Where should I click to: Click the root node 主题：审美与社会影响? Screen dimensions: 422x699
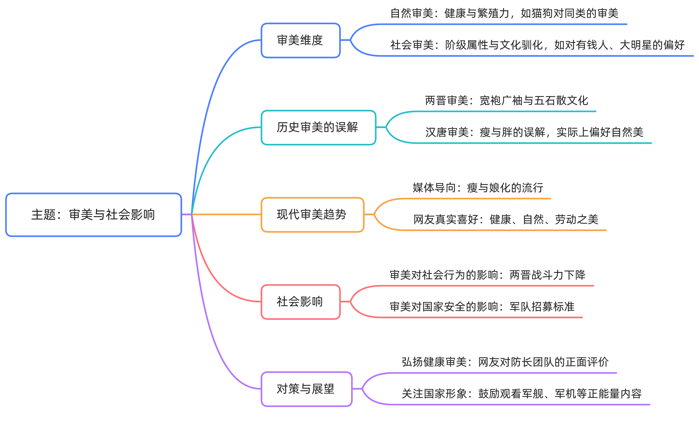(93, 215)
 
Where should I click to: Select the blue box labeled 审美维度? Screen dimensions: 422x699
(300, 40)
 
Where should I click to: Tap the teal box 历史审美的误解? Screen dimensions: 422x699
(318, 127)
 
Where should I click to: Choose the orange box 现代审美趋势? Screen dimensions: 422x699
(312, 215)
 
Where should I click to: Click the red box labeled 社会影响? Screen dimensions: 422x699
(300, 302)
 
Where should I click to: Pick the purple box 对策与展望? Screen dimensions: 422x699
(306, 389)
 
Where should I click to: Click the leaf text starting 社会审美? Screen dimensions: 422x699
(537, 45)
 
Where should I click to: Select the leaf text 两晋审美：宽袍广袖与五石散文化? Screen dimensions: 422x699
(506, 101)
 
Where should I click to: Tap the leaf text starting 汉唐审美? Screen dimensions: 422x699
(534, 132)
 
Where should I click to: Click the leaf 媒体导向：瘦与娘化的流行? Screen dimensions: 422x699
(478, 188)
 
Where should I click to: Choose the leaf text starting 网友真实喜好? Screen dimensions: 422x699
(506, 219)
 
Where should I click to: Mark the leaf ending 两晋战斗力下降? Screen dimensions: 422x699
(487, 275)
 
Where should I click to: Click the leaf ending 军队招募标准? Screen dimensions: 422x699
(482, 307)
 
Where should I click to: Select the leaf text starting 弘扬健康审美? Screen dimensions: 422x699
(505, 362)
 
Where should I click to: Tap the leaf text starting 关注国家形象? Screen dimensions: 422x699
(522, 394)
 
